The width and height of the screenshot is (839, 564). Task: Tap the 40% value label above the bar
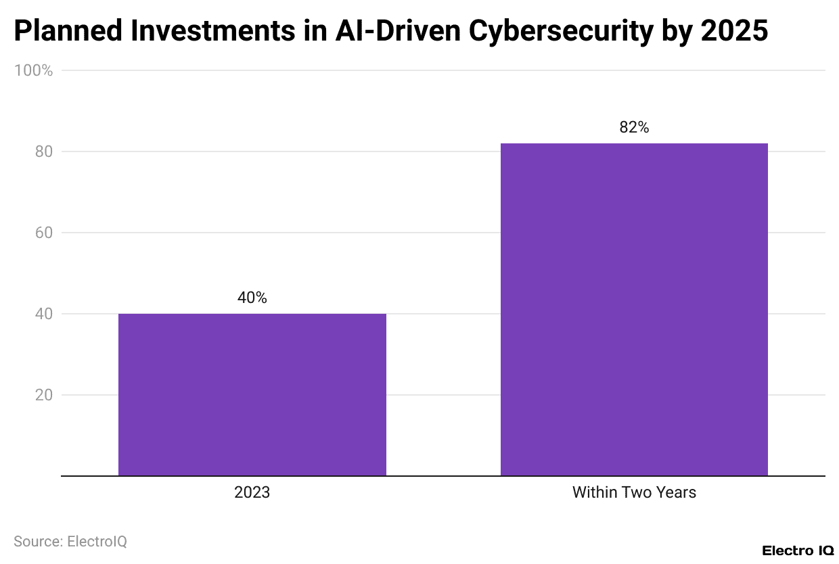(252, 298)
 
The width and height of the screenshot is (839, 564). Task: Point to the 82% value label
(634, 127)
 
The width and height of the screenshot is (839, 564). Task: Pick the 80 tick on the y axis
(43, 151)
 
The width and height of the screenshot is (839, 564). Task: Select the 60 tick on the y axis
(43, 233)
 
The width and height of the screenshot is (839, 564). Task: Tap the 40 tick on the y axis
(43, 314)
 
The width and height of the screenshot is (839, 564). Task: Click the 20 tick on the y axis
(43, 395)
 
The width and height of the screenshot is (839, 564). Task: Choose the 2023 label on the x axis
(252, 492)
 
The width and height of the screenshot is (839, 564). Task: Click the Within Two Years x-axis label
(634, 492)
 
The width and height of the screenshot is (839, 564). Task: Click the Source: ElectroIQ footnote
(70, 542)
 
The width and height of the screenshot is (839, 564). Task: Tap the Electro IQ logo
(798, 550)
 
